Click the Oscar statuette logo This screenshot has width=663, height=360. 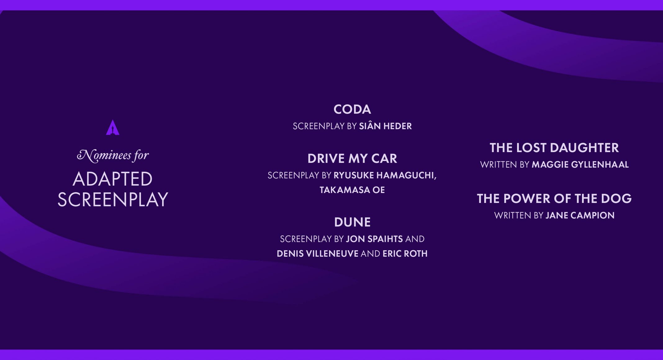click(x=112, y=128)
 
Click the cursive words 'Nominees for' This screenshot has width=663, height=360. click(x=113, y=155)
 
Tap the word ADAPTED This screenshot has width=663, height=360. click(x=113, y=179)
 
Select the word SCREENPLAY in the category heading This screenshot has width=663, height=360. click(x=113, y=199)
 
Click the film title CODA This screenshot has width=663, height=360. click(x=352, y=109)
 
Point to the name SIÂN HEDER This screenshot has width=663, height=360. click(x=386, y=126)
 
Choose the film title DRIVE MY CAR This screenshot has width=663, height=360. click(x=352, y=159)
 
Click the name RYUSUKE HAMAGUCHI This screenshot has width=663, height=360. click(x=385, y=175)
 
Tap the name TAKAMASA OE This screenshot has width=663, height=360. click(x=352, y=190)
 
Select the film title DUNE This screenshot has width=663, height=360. click(x=352, y=222)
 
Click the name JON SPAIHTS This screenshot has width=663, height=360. click(x=374, y=239)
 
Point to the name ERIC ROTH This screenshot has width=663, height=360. click(x=405, y=254)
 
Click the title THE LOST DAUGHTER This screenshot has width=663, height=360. click(x=554, y=148)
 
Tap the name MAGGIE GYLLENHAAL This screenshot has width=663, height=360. click(x=580, y=164)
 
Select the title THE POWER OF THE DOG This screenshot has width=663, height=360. click(x=554, y=199)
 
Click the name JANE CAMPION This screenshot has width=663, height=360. click(x=580, y=215)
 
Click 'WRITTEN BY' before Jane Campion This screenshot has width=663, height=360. click(x=519, y=215)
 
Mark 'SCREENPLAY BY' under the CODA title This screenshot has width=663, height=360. click(x=325, y=126)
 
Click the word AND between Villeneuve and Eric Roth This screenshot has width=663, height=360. click(x=371, y=254)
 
